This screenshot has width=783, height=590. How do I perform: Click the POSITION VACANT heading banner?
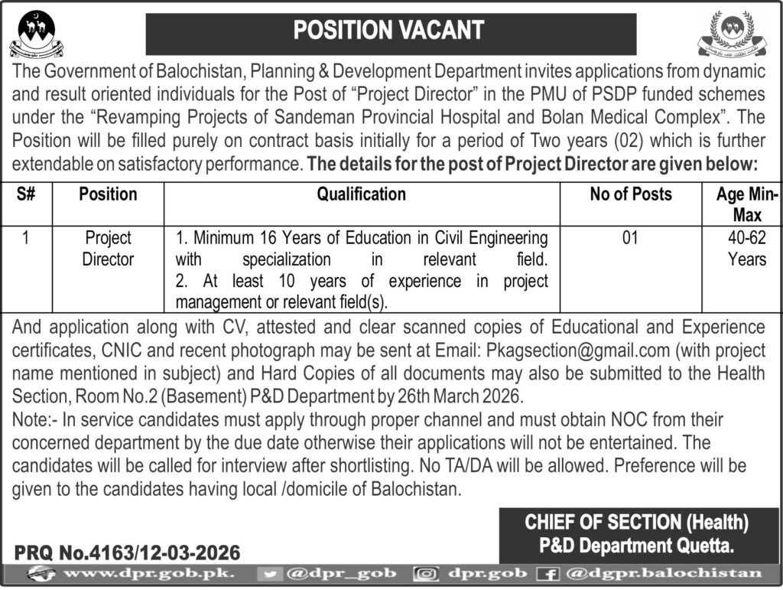tap(390, 31)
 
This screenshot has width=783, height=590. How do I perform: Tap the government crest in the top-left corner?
tap(36, 34)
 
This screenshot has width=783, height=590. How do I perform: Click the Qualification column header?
tap(362, 194)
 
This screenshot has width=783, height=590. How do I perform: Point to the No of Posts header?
tap(631, 194)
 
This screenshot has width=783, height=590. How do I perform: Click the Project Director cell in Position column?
tap(108, 249)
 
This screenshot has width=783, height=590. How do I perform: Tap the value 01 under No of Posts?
tap(630, 239)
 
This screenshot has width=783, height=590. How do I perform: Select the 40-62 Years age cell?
tap(746, 249)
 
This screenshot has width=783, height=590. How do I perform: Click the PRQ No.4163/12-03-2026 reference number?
tap(127, 552)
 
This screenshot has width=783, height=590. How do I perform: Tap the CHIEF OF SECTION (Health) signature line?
tap(635, 523)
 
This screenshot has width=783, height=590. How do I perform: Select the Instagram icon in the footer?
tap(424, 573)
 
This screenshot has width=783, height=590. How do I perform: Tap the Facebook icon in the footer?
tap(548, 573)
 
